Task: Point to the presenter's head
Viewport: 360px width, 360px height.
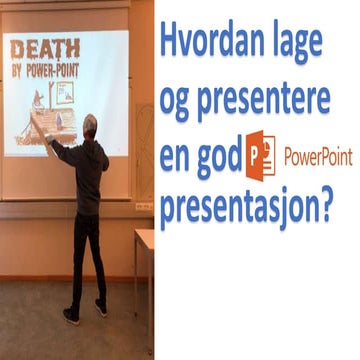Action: [x=89, y=124]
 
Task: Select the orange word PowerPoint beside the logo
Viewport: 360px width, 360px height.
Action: [x=318, y=157]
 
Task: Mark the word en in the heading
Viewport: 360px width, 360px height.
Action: [x=178, y=157]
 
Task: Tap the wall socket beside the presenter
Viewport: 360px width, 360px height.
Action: [x=139, y=207]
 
